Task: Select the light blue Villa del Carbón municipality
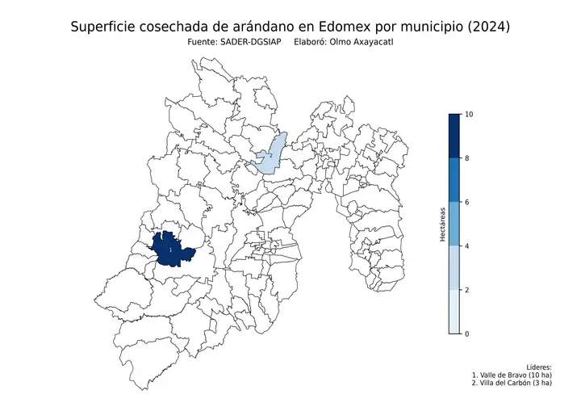tap(270, 157)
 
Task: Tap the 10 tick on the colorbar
tap(468, 115)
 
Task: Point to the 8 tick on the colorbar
tap(468, 159)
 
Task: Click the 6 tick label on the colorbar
tap(468, 203)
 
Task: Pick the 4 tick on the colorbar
tap(468, 246)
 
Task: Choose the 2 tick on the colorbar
tap(468, 290)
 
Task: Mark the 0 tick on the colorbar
tap(468, 334)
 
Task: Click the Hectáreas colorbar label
tap(443, 224)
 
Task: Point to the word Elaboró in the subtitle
tap(313, 41)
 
